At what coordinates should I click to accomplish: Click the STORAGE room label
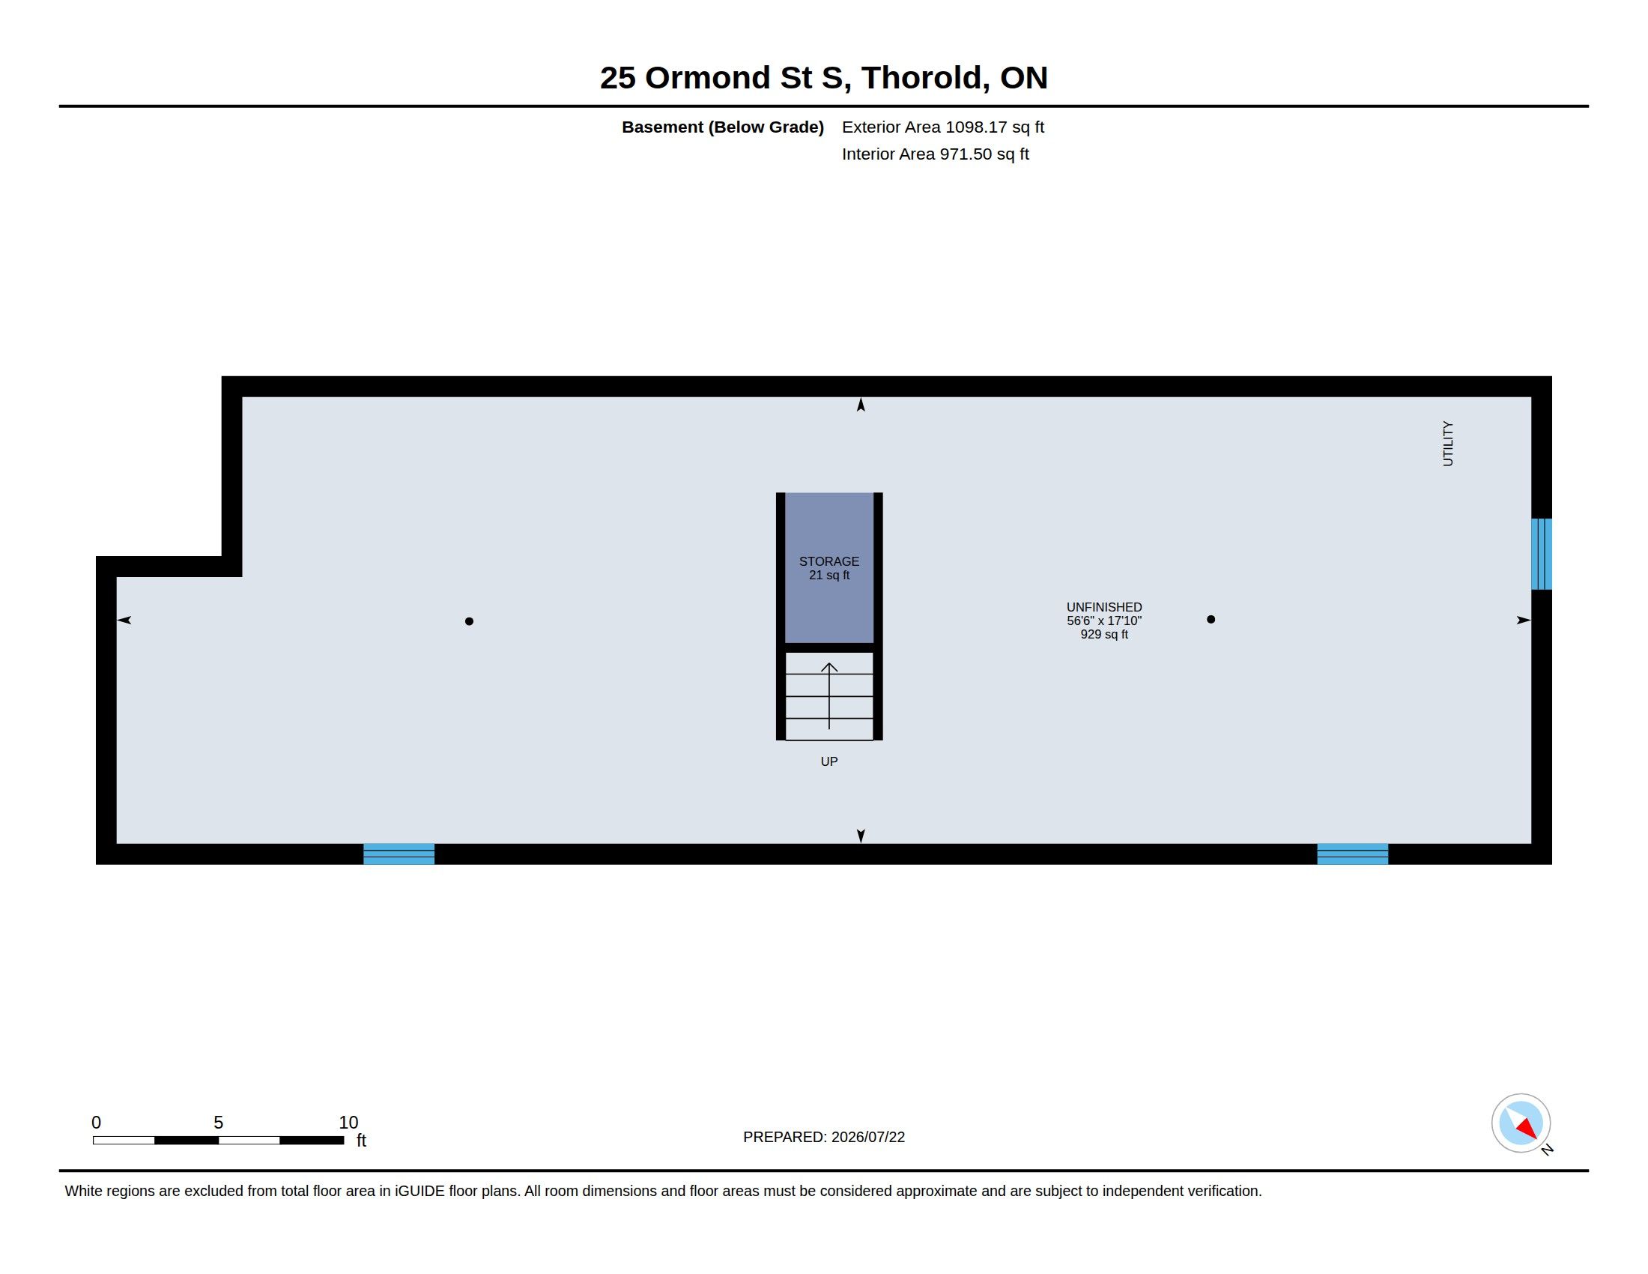(x=828, y=561)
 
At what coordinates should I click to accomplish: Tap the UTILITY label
(x=1447, y=444)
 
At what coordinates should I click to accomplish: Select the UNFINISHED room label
(x=1104, y=607)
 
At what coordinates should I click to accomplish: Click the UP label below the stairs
(x=828, y=761)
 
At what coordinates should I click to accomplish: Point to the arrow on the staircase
(x=829, y=696)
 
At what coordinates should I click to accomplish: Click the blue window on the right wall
(x=1541, y=554)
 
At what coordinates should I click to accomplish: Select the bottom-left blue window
(x=399, y=854)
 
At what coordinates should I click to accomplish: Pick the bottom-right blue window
(x=1352, y=854)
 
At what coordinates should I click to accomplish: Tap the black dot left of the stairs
(x=470, y=621)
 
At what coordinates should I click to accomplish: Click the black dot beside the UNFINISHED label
(x=1211, y=619)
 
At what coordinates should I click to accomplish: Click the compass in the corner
(x=1521, y=1123)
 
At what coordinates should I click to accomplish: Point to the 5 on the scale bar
(x=218, y=1123)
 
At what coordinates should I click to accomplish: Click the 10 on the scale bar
(x=348, y=1123)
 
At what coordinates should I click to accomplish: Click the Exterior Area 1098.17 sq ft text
(x=942, y=127)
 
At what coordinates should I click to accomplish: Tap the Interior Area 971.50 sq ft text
(x=935, y=154)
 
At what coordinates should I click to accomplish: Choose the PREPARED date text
(x=823, y=1137)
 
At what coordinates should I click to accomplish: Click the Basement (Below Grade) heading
(x=722, y=127)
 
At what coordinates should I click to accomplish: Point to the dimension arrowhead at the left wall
(x=124, y=620)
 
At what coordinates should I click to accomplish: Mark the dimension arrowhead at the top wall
(x=860, y=405)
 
